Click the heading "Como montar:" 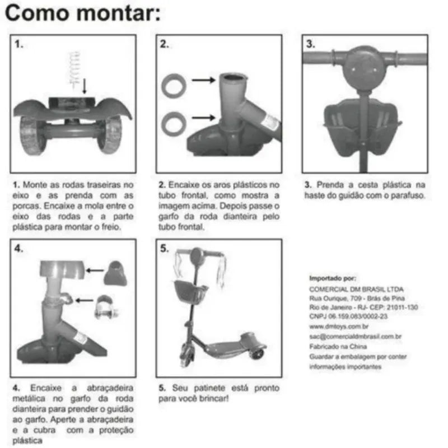pos(83,13)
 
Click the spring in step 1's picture pos(74,69)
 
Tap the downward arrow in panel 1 pos(85,86)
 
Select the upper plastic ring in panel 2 pos(174,86)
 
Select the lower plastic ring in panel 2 pos(174,123)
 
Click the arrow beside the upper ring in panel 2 pos(204,80)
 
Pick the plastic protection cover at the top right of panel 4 pos(115,273)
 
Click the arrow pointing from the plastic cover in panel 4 pos(95,270)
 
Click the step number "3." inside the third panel pos(311,44)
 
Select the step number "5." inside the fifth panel pos(165,249)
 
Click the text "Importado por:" pos(333,278)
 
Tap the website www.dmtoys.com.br pos(339,326)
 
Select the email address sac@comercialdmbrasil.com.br pos(356,337)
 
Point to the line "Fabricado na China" pos(338,347)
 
